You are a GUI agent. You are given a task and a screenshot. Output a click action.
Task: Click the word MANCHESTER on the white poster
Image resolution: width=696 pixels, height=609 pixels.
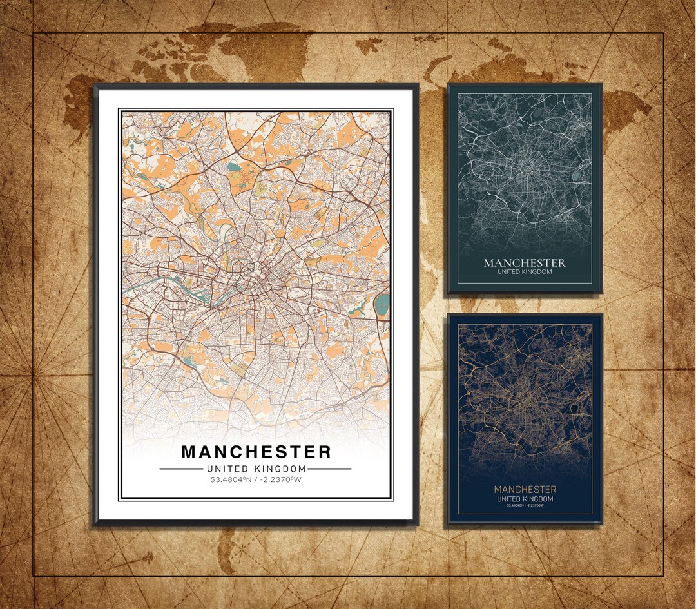click(x=256, y=451)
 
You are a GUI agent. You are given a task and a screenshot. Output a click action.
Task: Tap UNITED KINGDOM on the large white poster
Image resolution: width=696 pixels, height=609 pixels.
click(x=256, y=469)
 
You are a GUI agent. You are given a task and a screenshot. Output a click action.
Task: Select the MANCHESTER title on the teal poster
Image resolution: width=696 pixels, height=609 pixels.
click(x=525, y=263)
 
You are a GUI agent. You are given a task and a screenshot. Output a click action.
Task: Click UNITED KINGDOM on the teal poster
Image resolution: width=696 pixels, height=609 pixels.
click(x=525, y=272)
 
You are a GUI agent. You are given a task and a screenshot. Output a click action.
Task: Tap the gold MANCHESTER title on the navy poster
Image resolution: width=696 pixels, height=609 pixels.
click(x=525, y=490)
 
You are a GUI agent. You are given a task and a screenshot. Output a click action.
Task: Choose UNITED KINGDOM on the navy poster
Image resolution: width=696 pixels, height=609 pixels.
click(x=525, y=499)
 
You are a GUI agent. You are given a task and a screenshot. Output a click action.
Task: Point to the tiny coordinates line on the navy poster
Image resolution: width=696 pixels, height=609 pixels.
click(x=525, y=505)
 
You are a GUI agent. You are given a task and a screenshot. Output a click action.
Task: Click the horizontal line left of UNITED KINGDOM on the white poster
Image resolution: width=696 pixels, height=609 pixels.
click(x=180, y=469)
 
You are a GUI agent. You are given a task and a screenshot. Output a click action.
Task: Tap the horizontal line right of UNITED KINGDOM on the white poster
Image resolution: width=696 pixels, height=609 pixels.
click(x=330, y=469)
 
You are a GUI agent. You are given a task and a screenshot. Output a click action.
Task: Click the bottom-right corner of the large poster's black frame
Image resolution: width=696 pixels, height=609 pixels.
click(x=417, y=523)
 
